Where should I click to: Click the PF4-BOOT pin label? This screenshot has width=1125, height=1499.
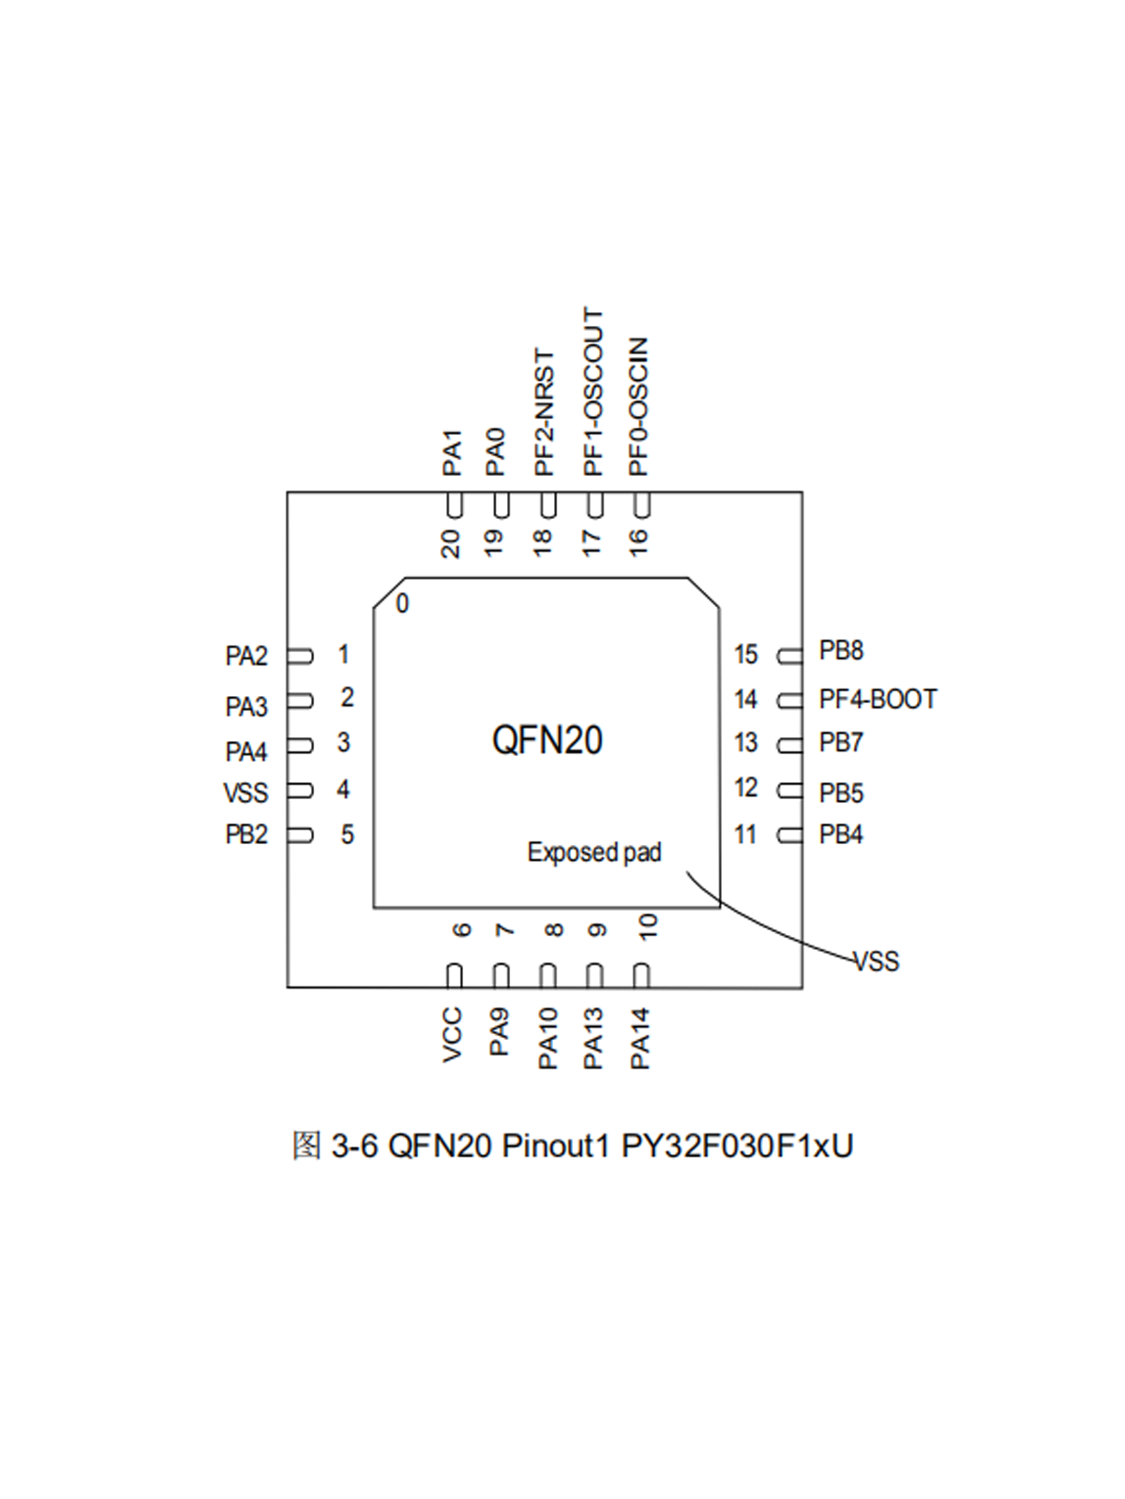(877, 699)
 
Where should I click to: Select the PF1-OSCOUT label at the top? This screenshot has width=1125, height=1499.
(593, 392)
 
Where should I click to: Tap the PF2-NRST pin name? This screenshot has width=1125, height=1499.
(545, 412)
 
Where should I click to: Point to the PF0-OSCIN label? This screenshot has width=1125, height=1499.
(638, 407)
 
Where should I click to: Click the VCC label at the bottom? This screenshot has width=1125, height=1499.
(453, 1034)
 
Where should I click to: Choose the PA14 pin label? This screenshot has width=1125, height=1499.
(640, 1038)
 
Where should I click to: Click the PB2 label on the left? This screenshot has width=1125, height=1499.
(247, 834)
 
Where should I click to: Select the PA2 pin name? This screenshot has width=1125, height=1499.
(247, 656)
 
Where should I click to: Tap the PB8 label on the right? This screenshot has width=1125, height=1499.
(841, 650)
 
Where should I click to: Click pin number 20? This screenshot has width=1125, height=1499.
(451, 543)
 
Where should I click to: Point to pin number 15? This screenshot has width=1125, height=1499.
(745, 654)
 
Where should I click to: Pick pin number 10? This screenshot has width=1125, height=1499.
(648, 927)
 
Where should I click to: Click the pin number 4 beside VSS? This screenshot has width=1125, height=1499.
(343, 790)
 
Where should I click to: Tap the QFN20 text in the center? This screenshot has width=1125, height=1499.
(547, 740)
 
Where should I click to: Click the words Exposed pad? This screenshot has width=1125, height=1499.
(594, 852)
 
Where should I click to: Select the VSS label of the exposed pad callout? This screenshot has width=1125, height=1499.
(876, 961)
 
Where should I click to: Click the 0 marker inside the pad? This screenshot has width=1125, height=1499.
(402, 603)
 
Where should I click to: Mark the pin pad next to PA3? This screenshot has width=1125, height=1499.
(300, 701)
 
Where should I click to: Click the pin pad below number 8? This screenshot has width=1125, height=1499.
(547, 975)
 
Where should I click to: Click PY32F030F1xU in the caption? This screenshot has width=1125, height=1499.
(737, 1146)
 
